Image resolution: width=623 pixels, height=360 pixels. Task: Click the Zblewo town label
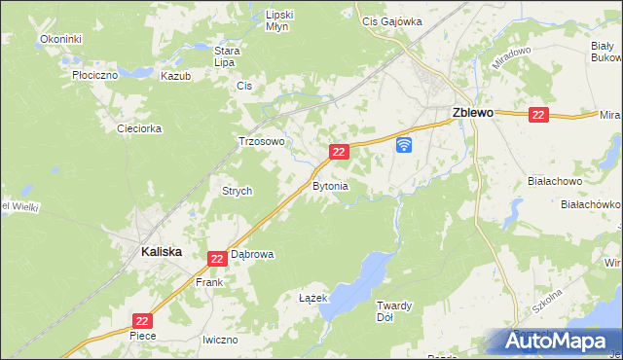coord(472,113)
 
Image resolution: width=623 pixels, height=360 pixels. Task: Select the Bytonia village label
coord(330,185)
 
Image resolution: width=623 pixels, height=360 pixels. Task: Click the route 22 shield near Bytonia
coord(339,152)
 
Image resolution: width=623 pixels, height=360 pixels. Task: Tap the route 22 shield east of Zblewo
coord(539,114)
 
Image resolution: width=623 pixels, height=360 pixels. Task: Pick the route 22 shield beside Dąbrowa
coord(217,258)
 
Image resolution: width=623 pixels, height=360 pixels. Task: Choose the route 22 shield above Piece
coord(142,319)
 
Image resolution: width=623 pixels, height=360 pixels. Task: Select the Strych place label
coord(238,191)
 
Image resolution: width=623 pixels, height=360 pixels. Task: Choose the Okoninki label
coord(60,39)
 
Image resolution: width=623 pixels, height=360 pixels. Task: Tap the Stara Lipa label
coord(227,56)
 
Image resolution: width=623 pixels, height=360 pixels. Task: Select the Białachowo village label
coord(554,181)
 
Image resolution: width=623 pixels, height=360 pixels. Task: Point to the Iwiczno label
coord(220,340)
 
